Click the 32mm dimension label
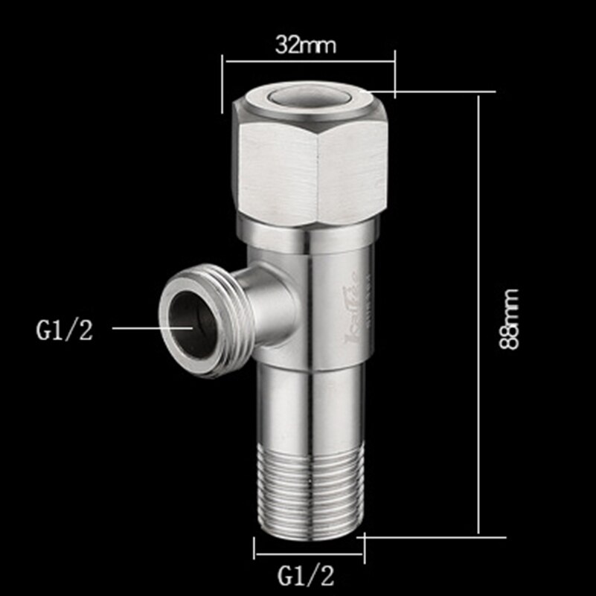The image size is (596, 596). (x=306, y=45)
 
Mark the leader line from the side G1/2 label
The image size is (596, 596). (x=149, y=327)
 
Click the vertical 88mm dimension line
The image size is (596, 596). (x=479, y=313)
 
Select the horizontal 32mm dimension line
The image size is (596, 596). (x=308, y=63)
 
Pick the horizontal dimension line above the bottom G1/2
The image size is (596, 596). (x=308, y=554)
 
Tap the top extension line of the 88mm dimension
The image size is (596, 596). (x=446, y=92)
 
